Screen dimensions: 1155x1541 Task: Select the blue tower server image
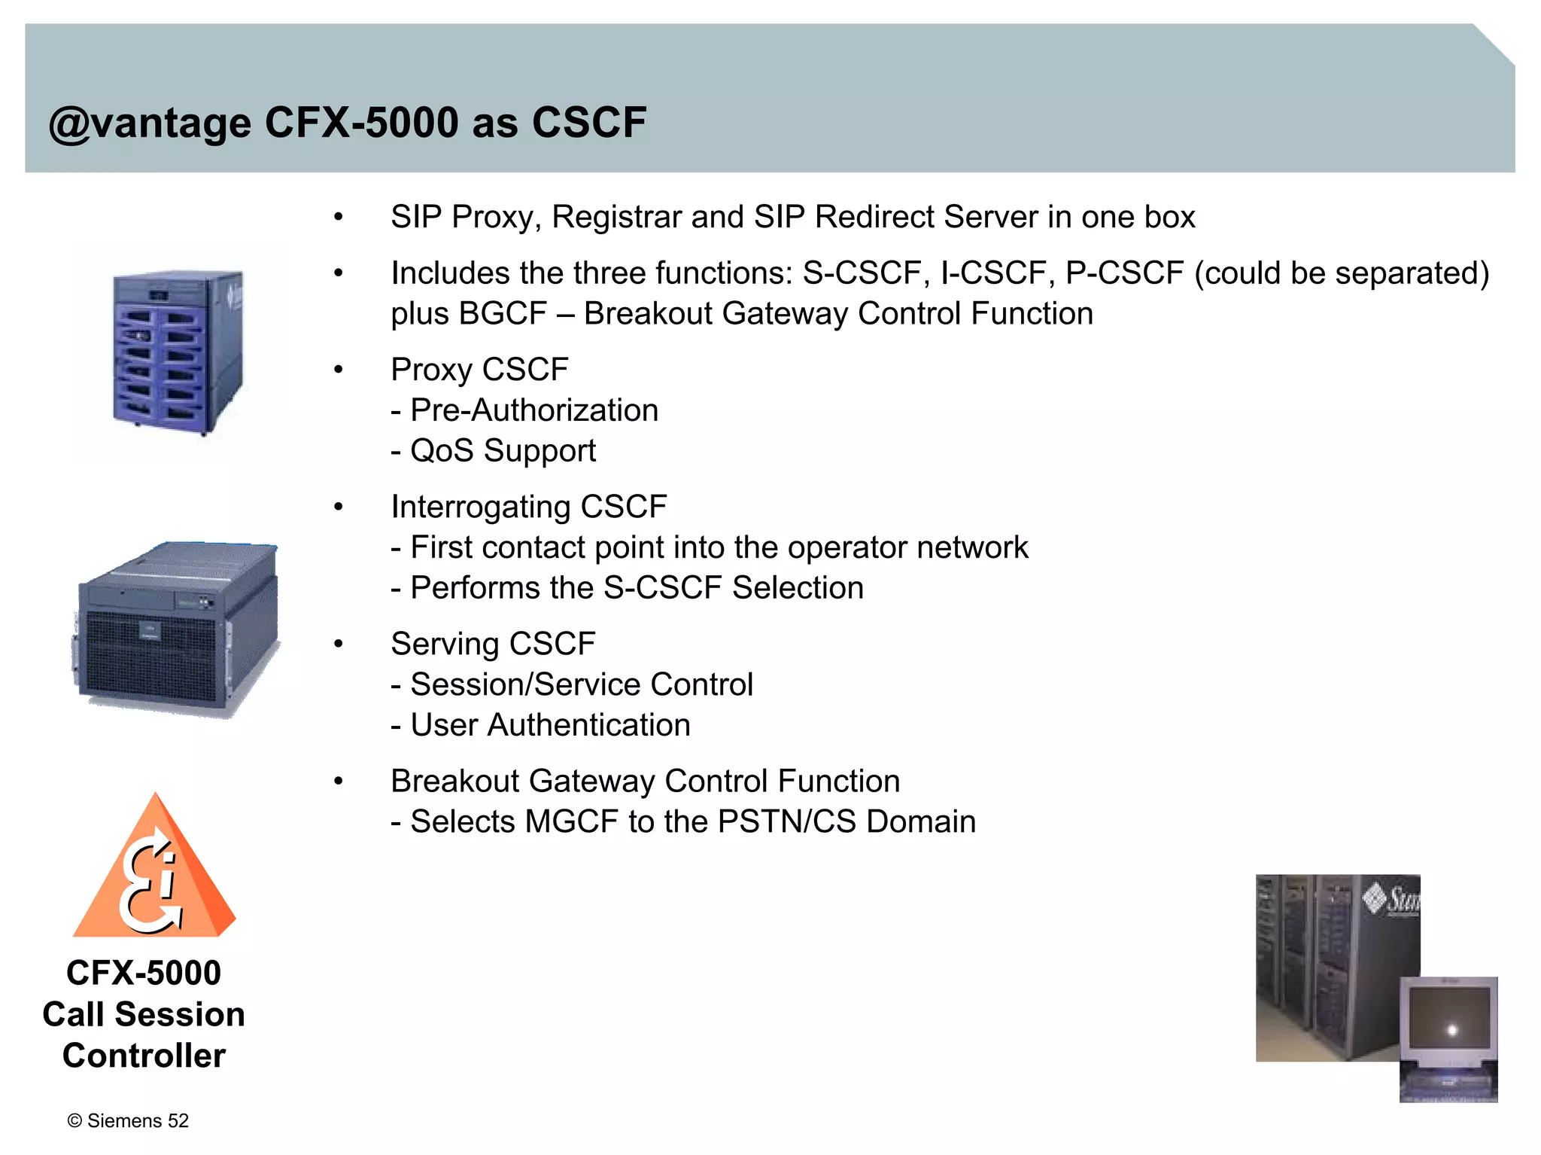click(179, 351)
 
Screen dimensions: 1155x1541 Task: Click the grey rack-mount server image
click(178, 626)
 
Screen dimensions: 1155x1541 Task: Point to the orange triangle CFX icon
click(155, 873)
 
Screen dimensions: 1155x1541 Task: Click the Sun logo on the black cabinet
click(1392, 898)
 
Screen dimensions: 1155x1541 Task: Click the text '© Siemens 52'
click(128, 1120)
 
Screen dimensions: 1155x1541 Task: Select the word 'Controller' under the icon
click(144, 1056)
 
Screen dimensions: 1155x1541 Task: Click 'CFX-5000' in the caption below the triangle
click(144, 973)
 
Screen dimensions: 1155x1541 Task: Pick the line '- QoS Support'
click(494, 451)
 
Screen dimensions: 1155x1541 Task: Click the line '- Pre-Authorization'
click(524, 410)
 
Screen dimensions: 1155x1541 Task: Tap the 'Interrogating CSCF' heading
click(529, 507)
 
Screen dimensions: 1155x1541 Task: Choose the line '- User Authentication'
click(540, 725)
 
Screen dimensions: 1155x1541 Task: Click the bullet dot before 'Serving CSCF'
click(339, 644)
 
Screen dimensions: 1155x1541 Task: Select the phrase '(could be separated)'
click(1342, 273)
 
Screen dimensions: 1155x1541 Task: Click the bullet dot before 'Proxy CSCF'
click(339, 370)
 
